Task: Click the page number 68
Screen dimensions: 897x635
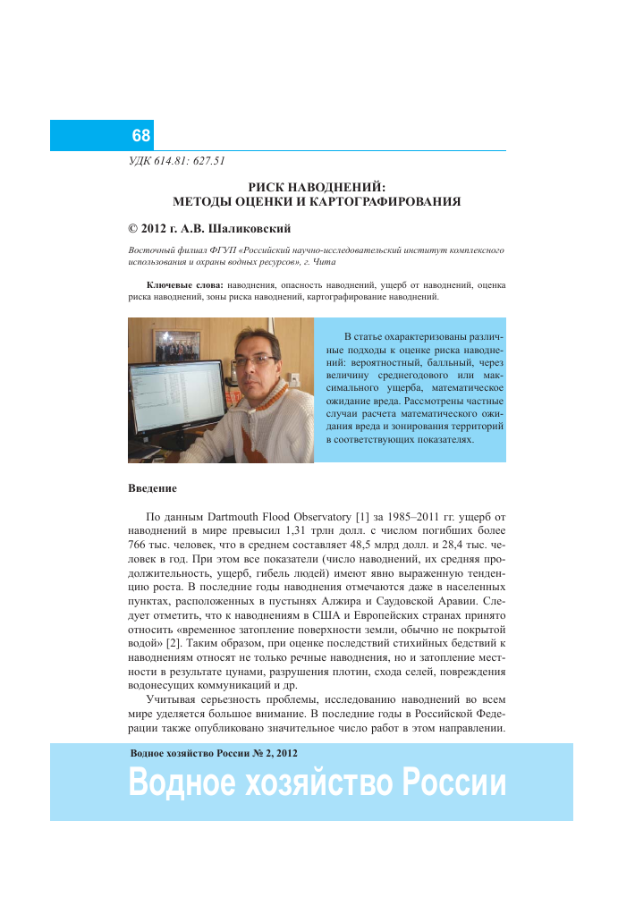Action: point(140,136)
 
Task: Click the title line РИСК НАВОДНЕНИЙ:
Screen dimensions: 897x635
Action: point(317,187)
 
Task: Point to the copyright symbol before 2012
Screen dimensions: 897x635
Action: point(135,229)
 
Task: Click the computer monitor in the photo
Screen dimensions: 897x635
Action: point(176,399)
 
